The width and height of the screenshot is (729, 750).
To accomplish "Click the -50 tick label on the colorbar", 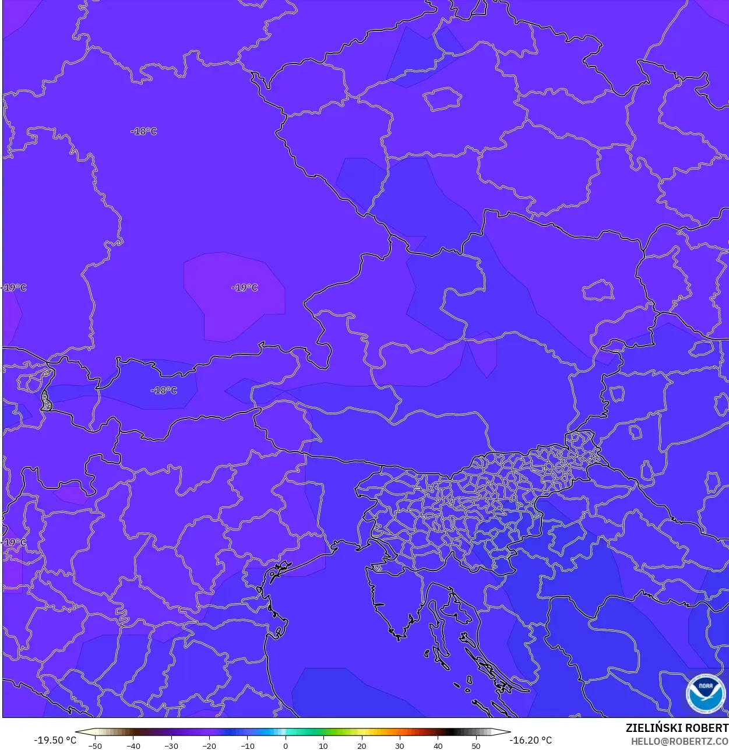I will click(94, 745).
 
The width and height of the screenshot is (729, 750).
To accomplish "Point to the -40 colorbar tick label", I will click(133, 745).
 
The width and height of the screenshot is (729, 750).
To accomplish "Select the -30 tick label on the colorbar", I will click(171, 745).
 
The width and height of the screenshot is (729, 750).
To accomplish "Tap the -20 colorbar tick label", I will click(209, 745).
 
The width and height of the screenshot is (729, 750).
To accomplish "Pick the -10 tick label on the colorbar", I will click(248, 745).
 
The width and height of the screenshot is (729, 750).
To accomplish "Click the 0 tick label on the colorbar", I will click(286, 745).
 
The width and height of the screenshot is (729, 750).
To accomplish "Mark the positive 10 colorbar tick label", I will click(323, 745).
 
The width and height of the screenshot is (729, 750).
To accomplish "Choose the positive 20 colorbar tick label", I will click(362, 745).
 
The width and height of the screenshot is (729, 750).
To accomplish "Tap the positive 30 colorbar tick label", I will click(400, 745).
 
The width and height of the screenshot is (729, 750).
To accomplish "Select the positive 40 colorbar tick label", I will click(438, 745).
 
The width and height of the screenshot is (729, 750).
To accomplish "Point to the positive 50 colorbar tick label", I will click(476, 745).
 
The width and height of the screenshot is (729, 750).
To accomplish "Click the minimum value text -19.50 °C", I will click(55, 740).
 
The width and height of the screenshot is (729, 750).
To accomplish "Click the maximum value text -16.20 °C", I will click(530, 740).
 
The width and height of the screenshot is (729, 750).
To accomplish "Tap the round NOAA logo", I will click(705, 693).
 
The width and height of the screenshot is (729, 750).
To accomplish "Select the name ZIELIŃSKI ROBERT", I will click(677, 728).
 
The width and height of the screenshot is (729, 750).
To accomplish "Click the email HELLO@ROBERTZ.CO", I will click(679, 741).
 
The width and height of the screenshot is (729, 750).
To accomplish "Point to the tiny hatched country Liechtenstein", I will click(45, 400).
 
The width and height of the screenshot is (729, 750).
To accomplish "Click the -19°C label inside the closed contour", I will click(244, 287).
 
